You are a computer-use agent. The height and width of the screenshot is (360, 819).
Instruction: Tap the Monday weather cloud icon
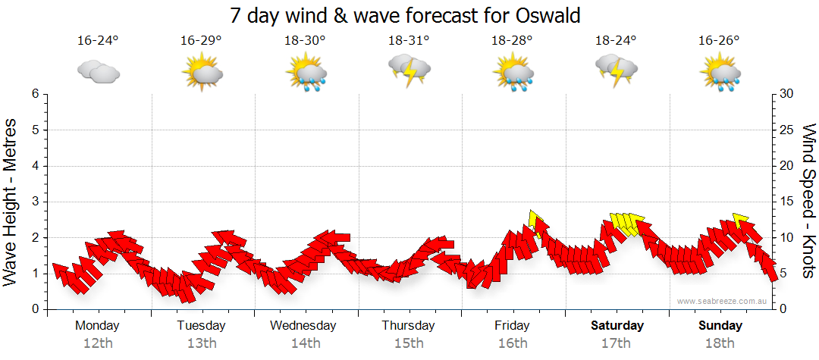[99, 72]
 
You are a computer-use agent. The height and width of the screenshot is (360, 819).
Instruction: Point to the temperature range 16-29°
[201, 40]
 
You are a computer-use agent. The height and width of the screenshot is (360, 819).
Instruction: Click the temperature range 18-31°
[409, 40]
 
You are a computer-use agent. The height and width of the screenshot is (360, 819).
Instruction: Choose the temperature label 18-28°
[512, 40]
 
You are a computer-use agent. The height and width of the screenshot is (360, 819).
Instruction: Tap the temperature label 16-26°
[720, 40]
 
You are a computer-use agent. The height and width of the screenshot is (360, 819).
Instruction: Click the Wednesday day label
[303, 326]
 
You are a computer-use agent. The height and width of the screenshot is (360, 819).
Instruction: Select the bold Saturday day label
[617, 326]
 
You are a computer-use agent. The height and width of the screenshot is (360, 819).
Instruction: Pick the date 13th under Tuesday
[201, 343]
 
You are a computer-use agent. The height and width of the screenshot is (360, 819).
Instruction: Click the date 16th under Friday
[513, 343]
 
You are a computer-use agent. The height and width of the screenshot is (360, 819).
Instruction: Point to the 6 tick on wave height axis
[34, 94]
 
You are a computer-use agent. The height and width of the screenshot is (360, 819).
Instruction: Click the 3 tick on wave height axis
[34, 202]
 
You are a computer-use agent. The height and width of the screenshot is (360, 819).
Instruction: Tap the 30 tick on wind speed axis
[787, 94]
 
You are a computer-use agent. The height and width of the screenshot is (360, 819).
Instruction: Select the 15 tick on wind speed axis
[787, 202]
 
